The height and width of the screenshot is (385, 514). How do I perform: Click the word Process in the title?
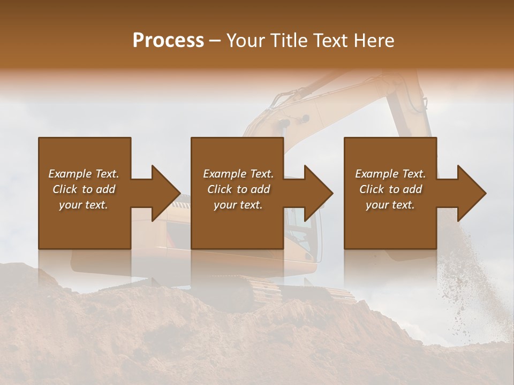click(168, 41)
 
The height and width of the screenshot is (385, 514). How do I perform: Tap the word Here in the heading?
click(374, 41)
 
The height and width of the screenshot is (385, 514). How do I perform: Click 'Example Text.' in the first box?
click(84, 174)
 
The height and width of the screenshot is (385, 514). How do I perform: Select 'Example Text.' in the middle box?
click(238, 174)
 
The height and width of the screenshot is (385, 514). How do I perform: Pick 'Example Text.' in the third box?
click(390, 174)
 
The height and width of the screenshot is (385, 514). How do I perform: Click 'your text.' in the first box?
click(84, 205)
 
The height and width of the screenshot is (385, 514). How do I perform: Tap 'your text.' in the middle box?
click(238, 205)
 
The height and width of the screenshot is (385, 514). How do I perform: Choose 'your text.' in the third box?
click(390, 205)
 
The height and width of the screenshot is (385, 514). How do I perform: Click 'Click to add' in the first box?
click(84, 189)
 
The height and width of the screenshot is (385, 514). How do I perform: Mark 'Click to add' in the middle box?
click(238, 189)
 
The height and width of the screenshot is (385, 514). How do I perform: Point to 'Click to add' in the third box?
click(390, 189)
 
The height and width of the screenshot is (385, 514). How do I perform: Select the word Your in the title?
click(245, 41)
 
